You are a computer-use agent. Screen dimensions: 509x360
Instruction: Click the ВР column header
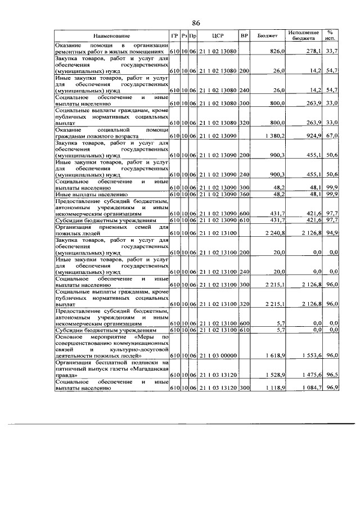point(244,37)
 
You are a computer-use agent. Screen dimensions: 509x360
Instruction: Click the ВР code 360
point(244,194)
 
